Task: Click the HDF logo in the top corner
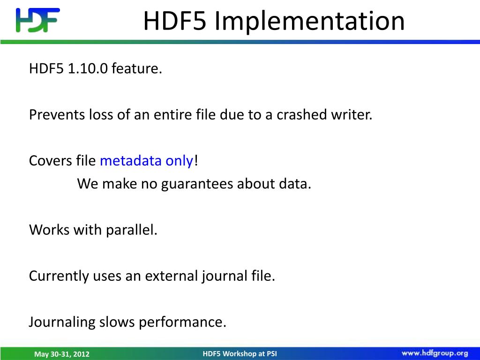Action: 37,20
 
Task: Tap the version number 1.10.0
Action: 88,69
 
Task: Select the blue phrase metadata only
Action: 146,161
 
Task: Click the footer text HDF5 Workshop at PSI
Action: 240,353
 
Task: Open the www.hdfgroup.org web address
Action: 435,353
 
